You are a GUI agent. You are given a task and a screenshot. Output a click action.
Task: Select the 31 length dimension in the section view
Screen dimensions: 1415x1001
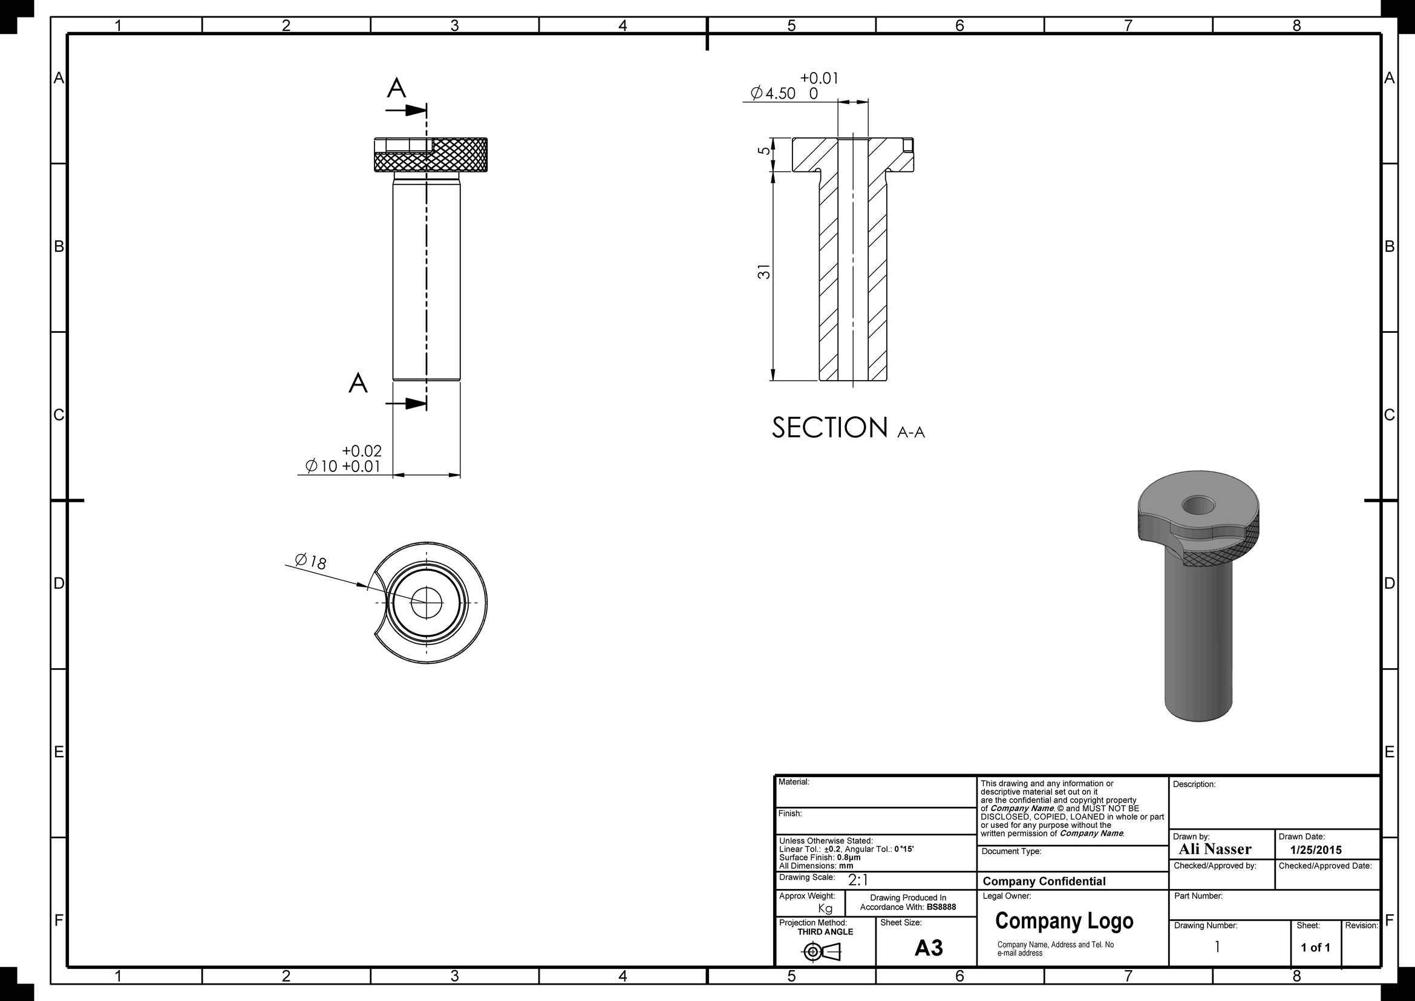point(764,271)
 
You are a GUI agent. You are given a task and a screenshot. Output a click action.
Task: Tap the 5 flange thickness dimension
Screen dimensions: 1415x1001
point(764,151)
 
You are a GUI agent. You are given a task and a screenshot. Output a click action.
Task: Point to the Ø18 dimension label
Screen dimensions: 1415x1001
point(310,561)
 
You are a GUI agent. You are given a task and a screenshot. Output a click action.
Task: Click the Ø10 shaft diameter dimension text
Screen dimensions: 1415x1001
point(322,466)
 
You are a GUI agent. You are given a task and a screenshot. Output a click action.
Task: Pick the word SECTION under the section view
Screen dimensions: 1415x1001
point(829,427)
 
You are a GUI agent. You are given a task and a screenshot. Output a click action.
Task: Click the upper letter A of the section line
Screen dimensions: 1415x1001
point(396,88)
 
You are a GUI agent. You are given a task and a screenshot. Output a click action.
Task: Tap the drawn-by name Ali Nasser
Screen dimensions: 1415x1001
point(1215,849)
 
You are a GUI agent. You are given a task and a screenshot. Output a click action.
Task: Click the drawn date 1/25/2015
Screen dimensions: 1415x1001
point(1316,850)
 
